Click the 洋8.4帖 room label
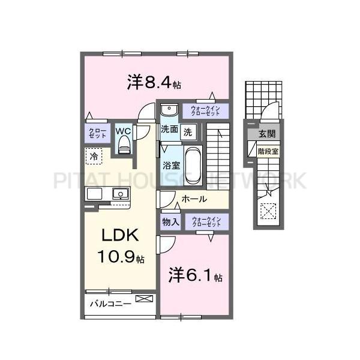coord(153,82)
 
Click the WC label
coord(124,130)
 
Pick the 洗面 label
coord(169,130)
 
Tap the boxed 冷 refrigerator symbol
coord(94,156)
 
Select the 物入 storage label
coord(171,222)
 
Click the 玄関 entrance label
coord(265,134)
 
